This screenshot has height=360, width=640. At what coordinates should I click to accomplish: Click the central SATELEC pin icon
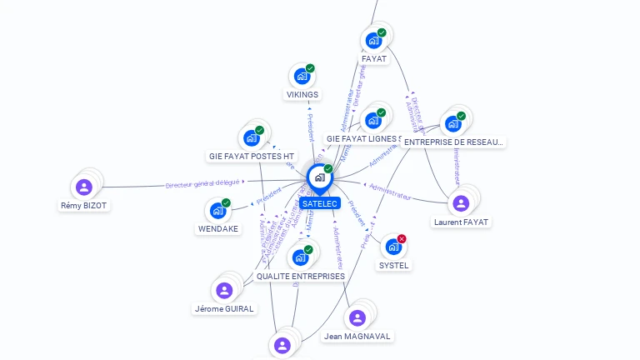pos(319,177)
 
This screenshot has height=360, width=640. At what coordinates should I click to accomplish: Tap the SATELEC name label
pos(320,203)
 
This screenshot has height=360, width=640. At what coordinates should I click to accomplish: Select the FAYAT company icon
pos(374,39)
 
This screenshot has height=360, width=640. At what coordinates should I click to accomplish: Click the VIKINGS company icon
pos(302,76)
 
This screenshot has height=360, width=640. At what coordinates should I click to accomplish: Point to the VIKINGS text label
pos(302,95)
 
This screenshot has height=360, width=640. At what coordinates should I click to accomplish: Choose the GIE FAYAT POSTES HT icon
pos(251,137)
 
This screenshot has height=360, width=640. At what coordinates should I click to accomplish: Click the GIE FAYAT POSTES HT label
pos(252,157)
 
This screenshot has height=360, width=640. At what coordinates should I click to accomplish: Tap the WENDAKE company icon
pos(217,211)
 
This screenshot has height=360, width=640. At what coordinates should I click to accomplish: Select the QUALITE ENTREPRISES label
pos(301,277)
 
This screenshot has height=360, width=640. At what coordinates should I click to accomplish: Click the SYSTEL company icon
pos(393,247)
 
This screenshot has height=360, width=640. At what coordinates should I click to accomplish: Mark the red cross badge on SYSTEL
pos(402,239)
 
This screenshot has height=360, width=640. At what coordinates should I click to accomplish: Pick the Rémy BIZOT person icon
pos(83,187)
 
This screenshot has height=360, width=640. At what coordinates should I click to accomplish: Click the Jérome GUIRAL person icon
pos(223,290)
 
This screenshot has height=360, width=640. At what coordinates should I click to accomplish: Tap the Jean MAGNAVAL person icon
pos(357,317)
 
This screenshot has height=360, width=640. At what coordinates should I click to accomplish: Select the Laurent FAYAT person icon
pos(460,203)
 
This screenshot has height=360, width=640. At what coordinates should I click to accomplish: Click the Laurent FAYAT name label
pos(461,222)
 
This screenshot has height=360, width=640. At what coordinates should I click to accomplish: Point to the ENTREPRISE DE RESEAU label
pos(453,142)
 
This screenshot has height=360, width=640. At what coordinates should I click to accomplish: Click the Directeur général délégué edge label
pos(202,183)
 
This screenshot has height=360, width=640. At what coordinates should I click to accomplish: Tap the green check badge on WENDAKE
pos(226,203)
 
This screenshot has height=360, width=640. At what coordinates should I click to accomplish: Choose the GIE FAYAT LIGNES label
pos(367,139)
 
